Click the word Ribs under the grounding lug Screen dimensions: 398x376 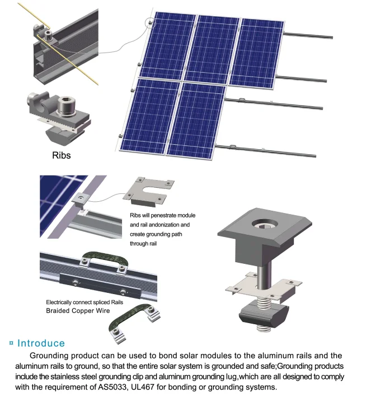pos(61,155)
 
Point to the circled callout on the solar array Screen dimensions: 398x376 pos(149,23)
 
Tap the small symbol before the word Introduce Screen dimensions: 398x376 pos(11,343)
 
